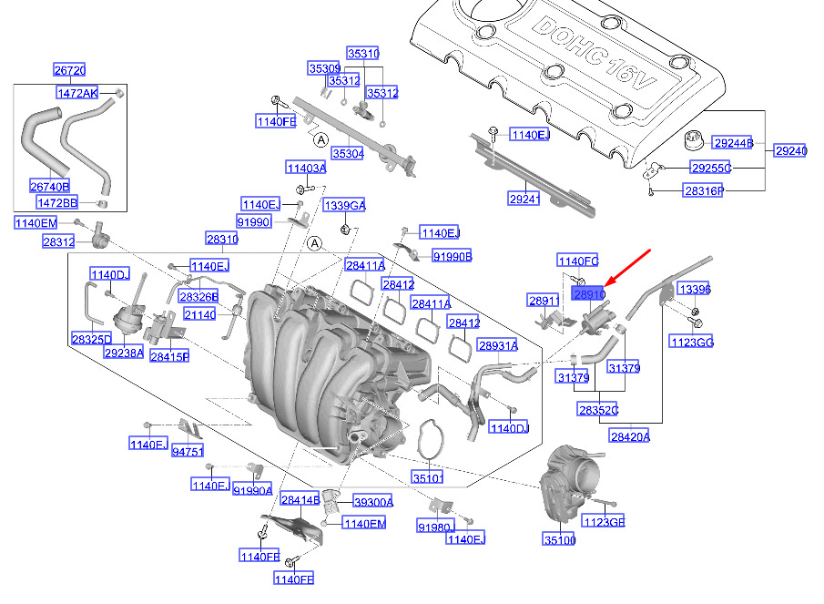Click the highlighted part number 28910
tap(588, 294)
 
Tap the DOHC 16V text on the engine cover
tap(602, 63)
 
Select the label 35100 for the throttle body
tap(561, 541)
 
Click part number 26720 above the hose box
tap(69, 71)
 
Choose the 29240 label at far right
tap(790, 150)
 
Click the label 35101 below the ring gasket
tap(427, 477)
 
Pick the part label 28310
tap(222, 240)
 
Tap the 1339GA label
tap(344, 205)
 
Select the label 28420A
tap(630, 437)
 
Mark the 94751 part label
tap(188, 450)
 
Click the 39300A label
tap(373, 502)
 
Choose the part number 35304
tap(347, 154)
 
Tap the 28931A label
tap(498, 346)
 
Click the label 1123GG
tap(692, 342)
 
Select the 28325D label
tap(91, 339)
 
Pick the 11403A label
tap(306, 169)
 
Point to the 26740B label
tap(50, 187)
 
